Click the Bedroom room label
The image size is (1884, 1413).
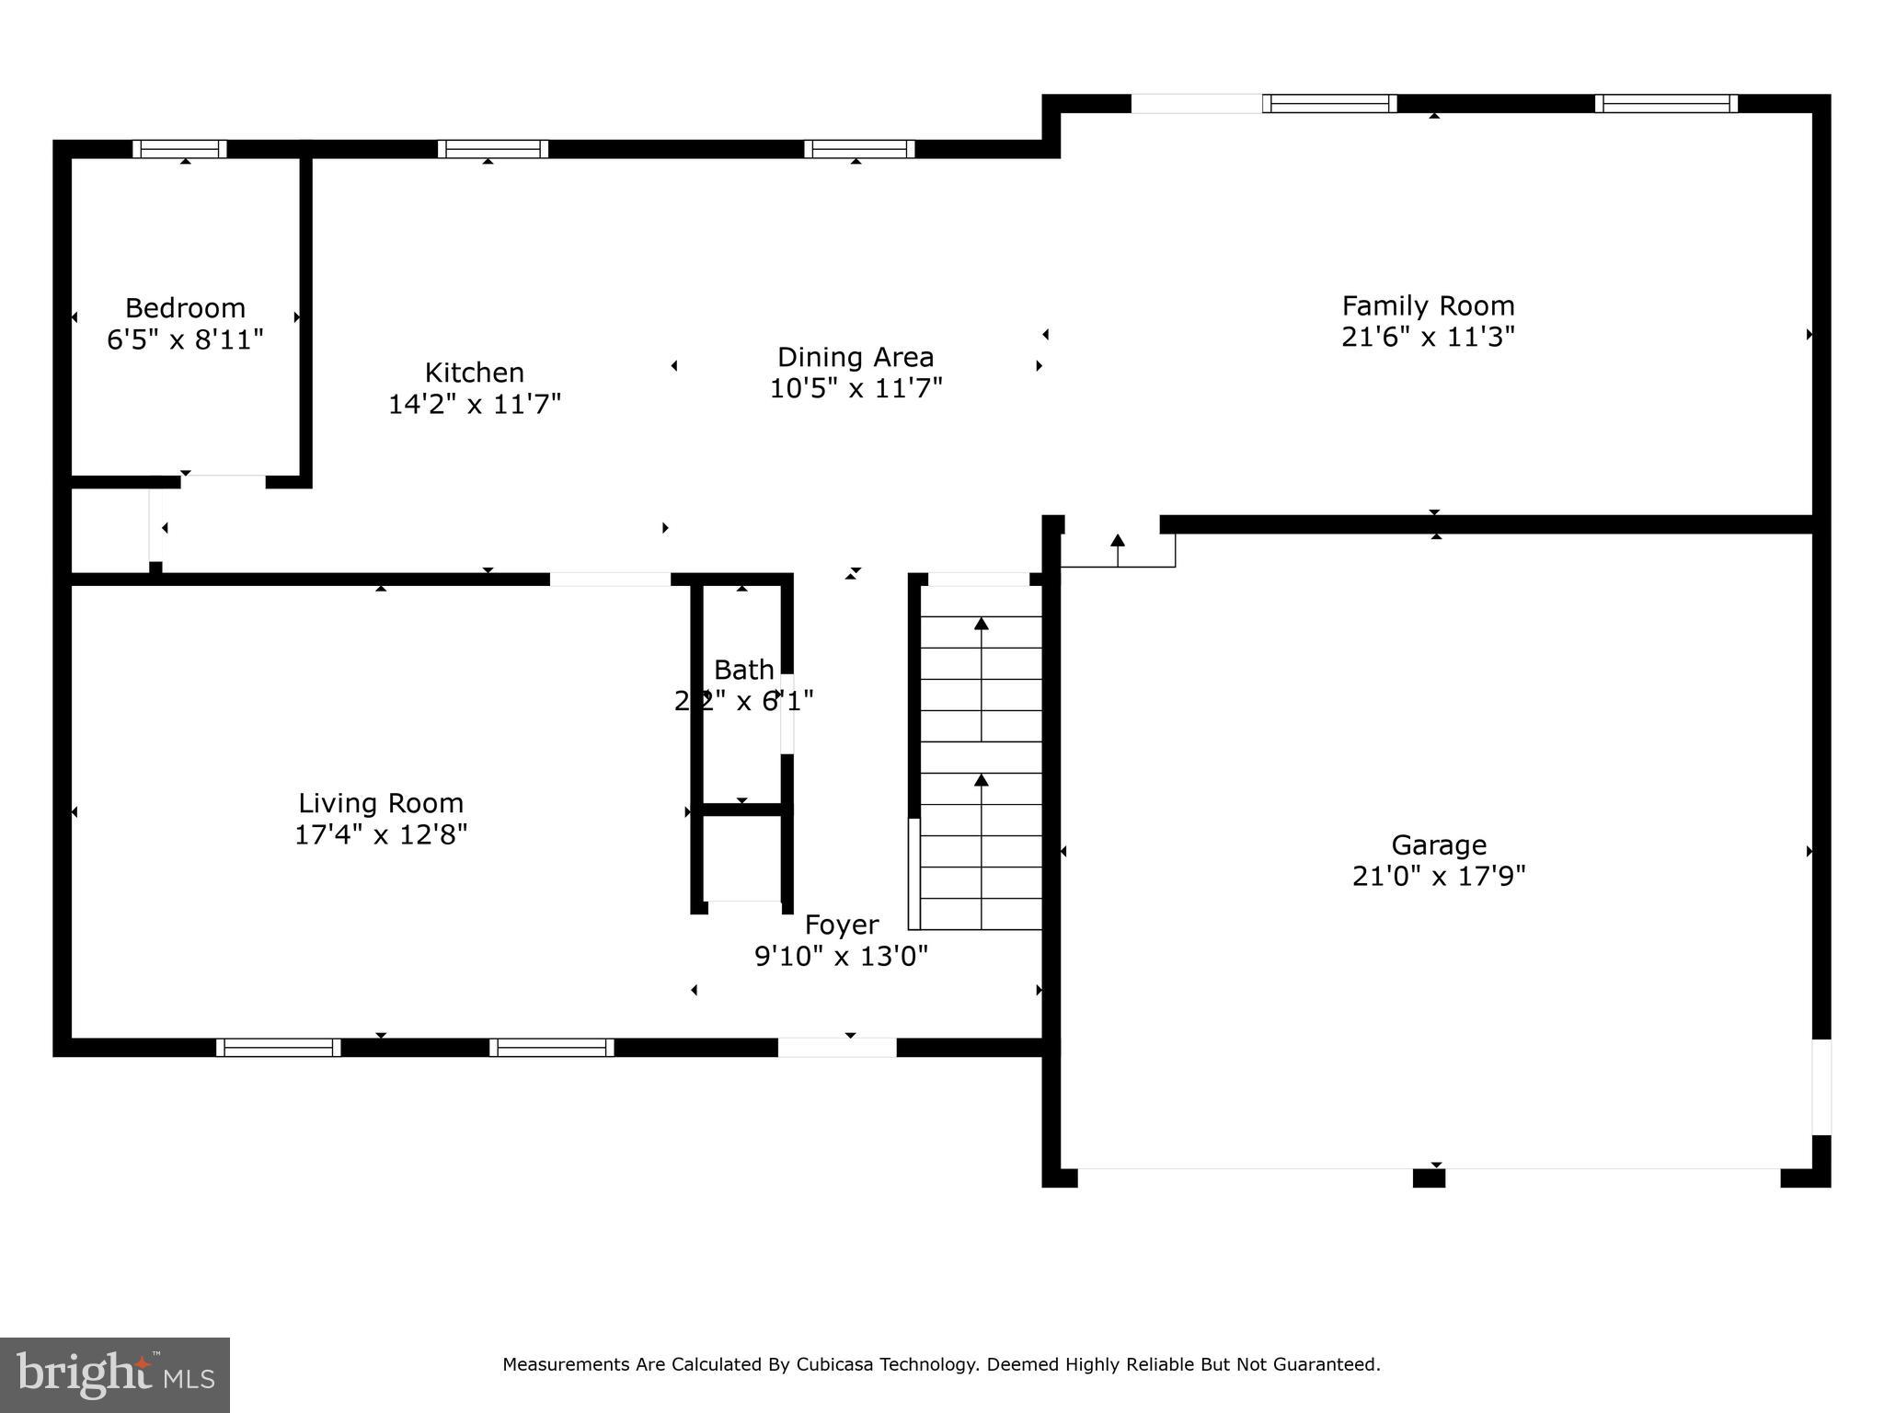tap(185, 307)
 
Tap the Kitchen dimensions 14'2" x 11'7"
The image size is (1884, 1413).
tap(474, 404)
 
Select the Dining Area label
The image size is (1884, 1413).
tap(855, 357)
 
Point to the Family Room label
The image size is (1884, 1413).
tap(1428, 305)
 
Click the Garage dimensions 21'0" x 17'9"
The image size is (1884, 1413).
tap(1438, 876)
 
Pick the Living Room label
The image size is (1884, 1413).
tap(380, 803)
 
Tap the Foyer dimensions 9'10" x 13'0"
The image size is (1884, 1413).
tap(841, 957)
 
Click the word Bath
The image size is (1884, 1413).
tap(743, 670)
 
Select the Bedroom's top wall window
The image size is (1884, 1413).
tap(179, 149)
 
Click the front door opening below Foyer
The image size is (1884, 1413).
tap(837, 1047)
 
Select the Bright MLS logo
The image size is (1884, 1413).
tap(115, 1374)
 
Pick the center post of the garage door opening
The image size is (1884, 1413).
tap(1429, 1177)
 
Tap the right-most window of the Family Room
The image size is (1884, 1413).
tap(1666, 103)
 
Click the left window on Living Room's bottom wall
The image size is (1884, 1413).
tap(278, 1047)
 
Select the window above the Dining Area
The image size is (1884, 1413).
tap(859, 149)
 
